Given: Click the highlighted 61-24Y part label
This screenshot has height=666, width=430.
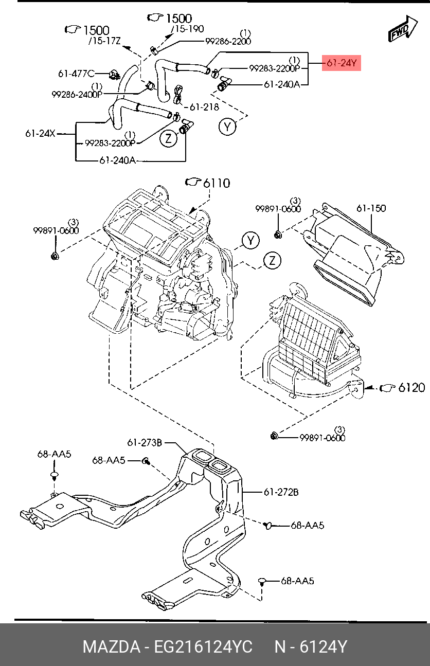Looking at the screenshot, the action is (x=342, y=63).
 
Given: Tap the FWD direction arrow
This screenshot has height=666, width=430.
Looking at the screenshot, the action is (x=403, y=29).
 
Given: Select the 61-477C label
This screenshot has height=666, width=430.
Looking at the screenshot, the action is (x=76, y=74).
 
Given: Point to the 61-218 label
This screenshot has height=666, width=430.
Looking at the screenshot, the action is (x=204, y=107).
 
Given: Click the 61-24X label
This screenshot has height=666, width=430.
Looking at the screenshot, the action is (x=40, y=134).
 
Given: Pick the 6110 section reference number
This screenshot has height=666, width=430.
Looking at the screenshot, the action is (x=217, y=183).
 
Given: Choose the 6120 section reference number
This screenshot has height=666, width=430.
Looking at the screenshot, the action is (x=411, y=388).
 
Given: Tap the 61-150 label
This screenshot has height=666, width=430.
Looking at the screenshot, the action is (x=371, y=208).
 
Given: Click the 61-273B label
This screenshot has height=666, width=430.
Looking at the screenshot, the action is (x=145, y=443).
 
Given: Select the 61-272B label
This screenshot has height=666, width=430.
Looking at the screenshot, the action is (x=281, y=492).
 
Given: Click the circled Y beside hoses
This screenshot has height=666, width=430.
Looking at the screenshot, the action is (x=227, y=127).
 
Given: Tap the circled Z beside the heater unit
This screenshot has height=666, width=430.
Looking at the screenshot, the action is (x=272, y=261).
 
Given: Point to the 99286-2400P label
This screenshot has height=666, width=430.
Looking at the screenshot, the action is (x=77, y=95).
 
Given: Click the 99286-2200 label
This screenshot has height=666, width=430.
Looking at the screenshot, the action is (x=228, y=41).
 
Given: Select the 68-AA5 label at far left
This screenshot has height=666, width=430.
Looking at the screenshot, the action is (x=54, y=454).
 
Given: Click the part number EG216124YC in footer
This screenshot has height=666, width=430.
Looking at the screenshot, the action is (x=203, y=646).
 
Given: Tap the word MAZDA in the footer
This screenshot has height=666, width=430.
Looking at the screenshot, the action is (x=111, y=646).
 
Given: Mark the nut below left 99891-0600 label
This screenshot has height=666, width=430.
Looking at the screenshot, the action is (x=55, y=256).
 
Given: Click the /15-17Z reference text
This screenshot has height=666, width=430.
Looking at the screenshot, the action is (x=104, y=41).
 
